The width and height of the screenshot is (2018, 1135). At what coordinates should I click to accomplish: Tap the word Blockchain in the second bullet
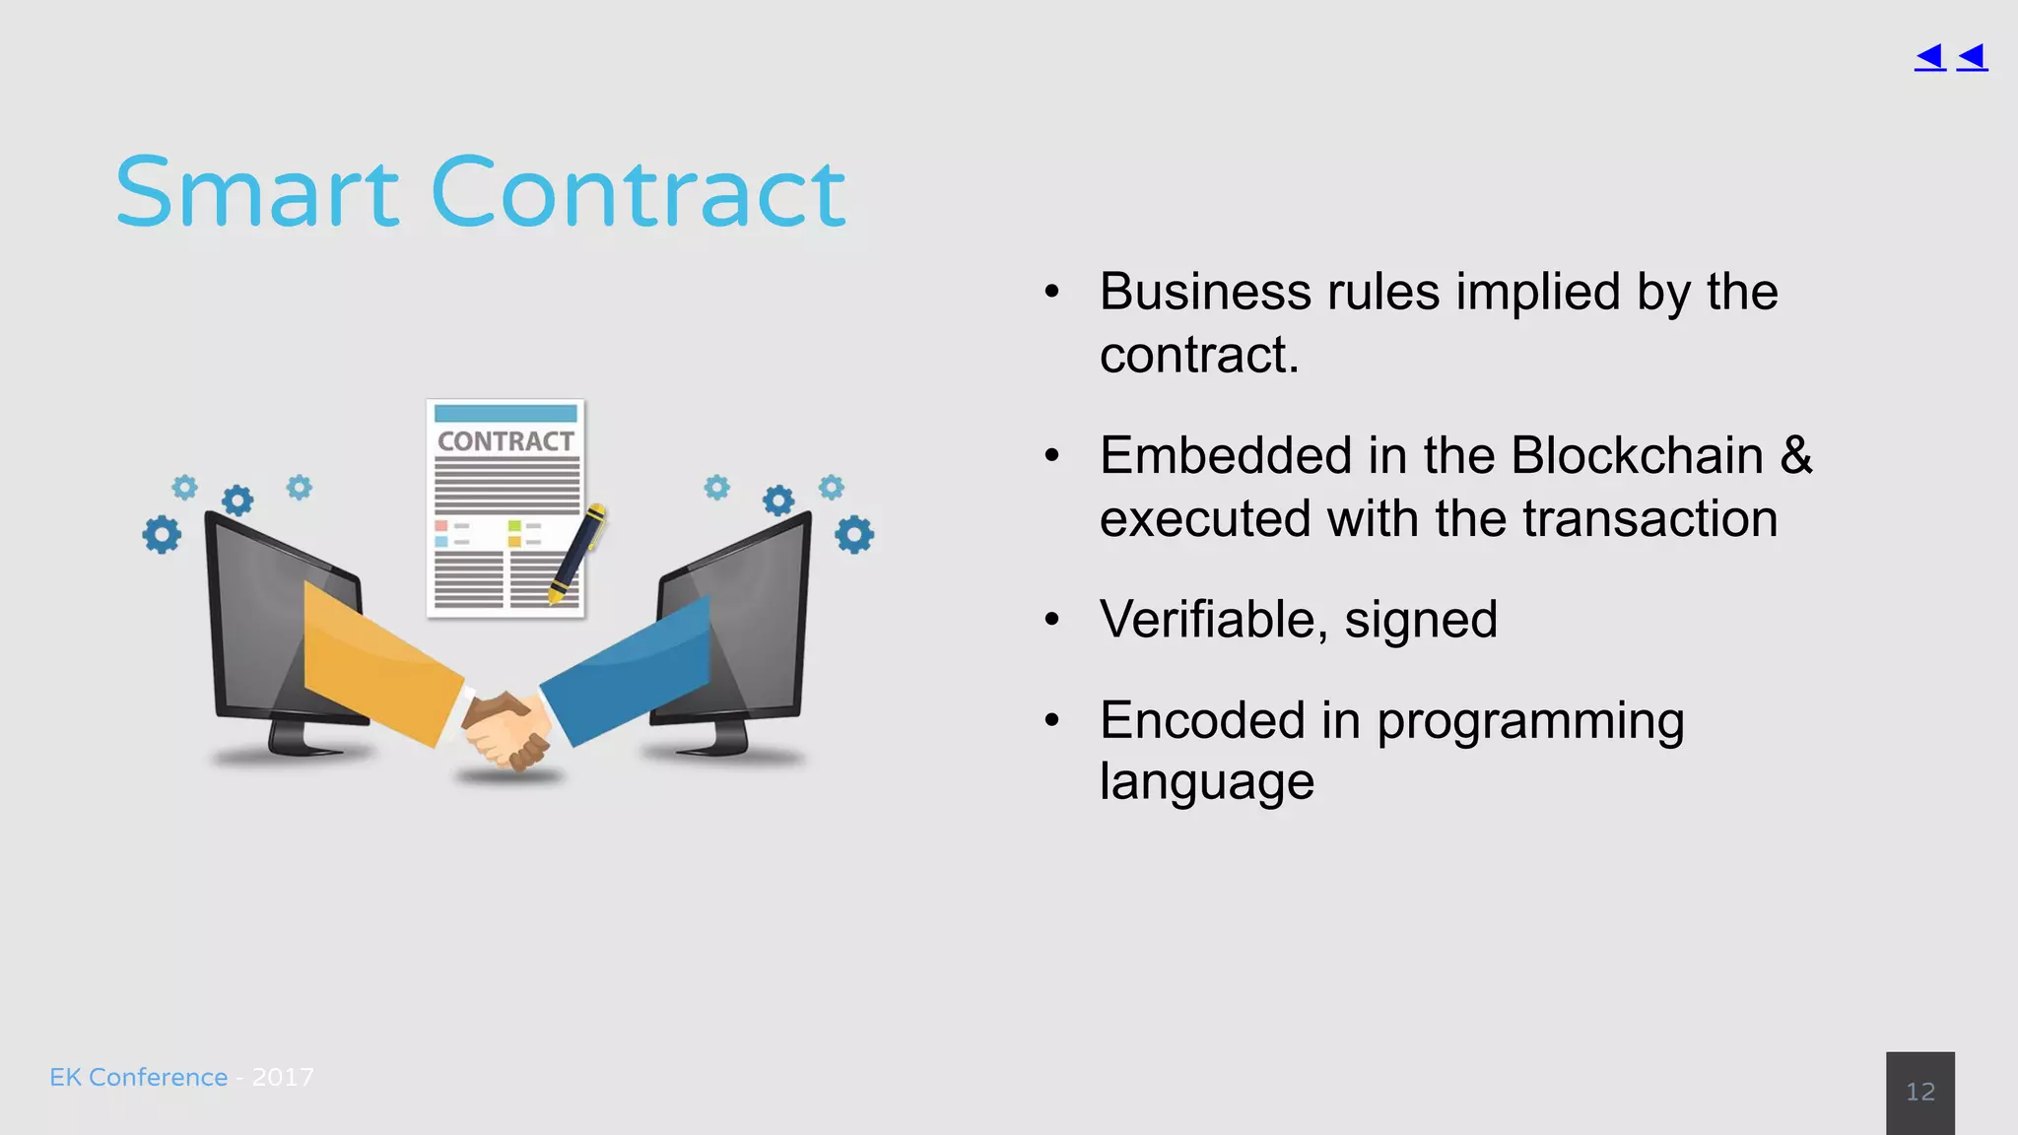tap(1636, 456)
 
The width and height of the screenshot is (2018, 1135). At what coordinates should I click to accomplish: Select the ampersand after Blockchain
tap(1795, 456)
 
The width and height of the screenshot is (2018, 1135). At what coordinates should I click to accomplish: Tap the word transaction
tap(1649, 519)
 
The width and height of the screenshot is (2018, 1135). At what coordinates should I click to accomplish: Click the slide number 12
tap(1919, 1092)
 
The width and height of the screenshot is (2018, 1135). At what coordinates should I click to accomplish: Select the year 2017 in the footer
tap(283, 1077)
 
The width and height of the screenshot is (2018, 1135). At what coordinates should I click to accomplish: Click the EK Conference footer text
tap(138, 1077)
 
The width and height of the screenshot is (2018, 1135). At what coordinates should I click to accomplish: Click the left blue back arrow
tap(1929, 57)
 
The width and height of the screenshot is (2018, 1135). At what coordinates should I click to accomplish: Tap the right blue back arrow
tap(1972, 57)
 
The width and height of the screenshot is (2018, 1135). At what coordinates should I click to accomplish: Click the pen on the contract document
tap(577, 552)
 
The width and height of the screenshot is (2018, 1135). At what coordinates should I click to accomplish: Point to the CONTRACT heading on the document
tap(505, 441)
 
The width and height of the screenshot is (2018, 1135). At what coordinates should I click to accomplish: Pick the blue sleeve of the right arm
tap(631, 670)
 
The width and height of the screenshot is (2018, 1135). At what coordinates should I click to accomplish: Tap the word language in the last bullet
tap(1206, 782)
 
